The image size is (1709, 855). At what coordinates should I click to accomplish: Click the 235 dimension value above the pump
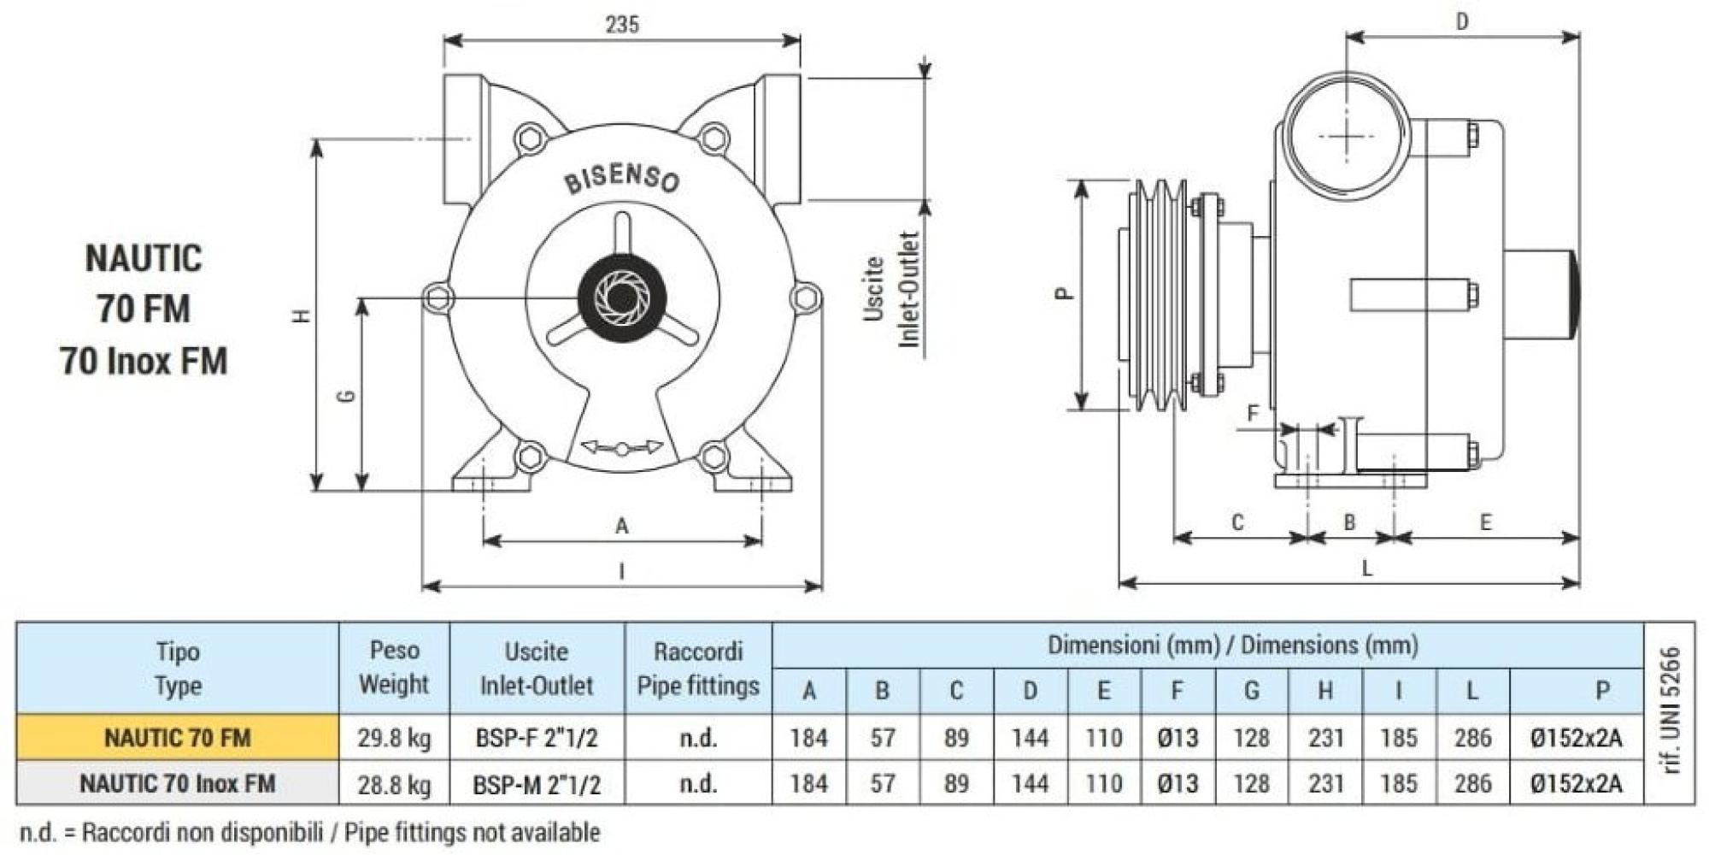click(x=622, y=24)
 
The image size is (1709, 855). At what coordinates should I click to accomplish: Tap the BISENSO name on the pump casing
click(x=622, y=180)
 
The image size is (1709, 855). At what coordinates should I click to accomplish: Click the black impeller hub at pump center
click(x=622, y=298)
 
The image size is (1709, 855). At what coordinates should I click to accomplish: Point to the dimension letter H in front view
click(x=301, y=315)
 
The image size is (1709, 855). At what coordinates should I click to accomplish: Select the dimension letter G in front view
click(x=347, y=396)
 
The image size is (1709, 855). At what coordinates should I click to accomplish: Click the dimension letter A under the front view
click(x=622, y=525)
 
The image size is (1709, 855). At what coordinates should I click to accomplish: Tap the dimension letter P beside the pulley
click(x=1064, y=293)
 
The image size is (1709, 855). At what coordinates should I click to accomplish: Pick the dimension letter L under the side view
click(x=1366, y=569)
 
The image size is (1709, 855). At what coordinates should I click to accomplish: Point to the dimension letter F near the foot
click(x=1253, y=415)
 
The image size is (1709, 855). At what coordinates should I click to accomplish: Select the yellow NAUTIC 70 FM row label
click(x=178, y=737)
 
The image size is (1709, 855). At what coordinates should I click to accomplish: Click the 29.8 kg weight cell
click(x=394, y=737)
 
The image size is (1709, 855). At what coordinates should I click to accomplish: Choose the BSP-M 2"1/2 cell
click(x=537, y=784)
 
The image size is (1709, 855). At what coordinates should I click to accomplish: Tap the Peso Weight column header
click(x=394, y=667)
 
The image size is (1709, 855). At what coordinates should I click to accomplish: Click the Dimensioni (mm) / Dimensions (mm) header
click(x=1232, y=645)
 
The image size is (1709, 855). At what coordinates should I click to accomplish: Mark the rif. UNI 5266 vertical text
click(x=1671, y=711)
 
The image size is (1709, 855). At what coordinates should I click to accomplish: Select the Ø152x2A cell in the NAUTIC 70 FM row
click(x=1576, y=737)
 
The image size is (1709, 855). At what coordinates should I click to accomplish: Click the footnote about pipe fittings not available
click(x=309, y=832)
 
